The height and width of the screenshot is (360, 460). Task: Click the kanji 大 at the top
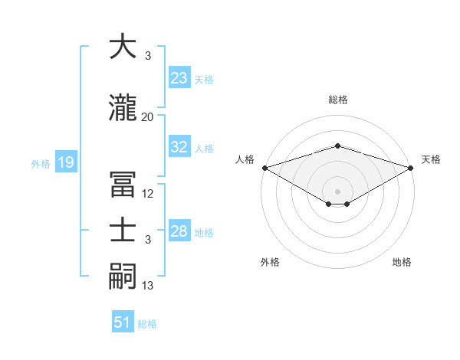coord(123,47)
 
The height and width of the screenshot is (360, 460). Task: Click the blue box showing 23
coord(179,78)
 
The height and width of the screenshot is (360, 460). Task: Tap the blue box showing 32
coord(179,148)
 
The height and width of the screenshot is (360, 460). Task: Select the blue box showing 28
coord(179,232)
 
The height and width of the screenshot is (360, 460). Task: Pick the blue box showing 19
coord(65,162)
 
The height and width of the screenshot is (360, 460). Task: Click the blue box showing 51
coord(123,322)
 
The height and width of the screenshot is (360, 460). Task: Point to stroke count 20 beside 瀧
coord(148,116)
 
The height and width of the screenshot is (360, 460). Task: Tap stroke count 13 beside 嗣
coord(148,286)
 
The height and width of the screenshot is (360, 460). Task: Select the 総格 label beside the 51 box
coord(147,324)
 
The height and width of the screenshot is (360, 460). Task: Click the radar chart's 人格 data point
coord(264,168)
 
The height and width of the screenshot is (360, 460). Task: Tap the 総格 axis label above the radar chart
coord(338,100)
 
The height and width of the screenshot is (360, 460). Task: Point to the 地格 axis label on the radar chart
coord(402,263)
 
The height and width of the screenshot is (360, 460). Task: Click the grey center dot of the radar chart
coord(337,190)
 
